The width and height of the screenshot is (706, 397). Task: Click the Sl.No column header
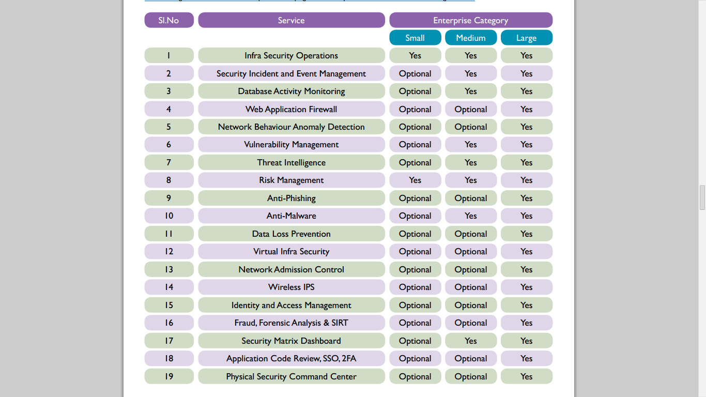click(x=169, y=20)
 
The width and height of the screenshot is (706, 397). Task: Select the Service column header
click(x=291, y=20)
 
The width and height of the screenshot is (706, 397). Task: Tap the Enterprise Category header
click(x=470, y=20)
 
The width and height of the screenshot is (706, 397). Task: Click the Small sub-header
click(x=415, y=38)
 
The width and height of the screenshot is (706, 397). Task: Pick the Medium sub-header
click(x=470, y=38)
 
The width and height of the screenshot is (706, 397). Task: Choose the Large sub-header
click(x=526, y=38)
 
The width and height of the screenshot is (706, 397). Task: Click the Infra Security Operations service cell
click(x=291, y=55)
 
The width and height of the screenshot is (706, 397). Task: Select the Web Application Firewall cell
click(x=291, y=109)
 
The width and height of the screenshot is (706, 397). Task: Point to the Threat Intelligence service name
click(x=291, y=162)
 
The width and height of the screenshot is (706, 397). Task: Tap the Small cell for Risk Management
click(x=415, y=180)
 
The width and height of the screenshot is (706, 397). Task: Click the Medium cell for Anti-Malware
click(x=470, y=216)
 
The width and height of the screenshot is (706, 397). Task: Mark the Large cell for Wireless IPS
click(x=526, y=287)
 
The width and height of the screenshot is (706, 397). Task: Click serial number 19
click(x=169, y=376)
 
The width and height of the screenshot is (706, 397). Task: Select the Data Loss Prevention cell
click(x=291, y=234)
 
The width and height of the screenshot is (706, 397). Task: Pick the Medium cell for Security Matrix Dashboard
click(x=470, y=341)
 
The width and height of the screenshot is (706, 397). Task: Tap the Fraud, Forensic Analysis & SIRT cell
click(x=291, y=323)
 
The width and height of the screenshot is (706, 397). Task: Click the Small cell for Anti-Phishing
click(x=415, y=198)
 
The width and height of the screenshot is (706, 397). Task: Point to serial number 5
click(x=169, y=127)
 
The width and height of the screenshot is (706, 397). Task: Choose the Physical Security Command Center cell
click(x=291, y=376)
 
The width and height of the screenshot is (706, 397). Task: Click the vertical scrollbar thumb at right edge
click(x=702, y=197)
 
